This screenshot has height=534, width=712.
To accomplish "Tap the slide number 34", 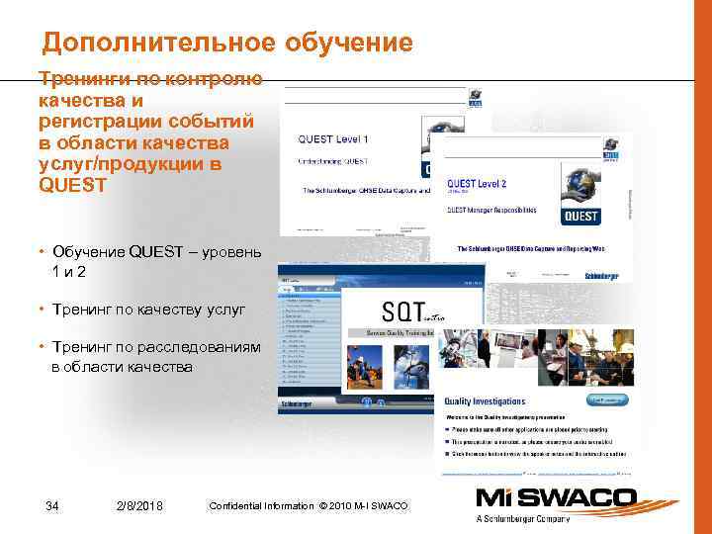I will [x=52, y=506].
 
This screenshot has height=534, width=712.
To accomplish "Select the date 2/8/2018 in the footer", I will [x=139, y=506].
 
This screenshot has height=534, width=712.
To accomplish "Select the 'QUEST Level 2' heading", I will [x=477, y=184].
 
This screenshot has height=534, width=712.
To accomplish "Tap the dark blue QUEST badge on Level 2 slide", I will [x=580, y=216].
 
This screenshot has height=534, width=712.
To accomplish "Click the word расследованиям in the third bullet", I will [x=212, y=347].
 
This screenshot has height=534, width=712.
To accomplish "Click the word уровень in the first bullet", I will [x=228, y=252].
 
